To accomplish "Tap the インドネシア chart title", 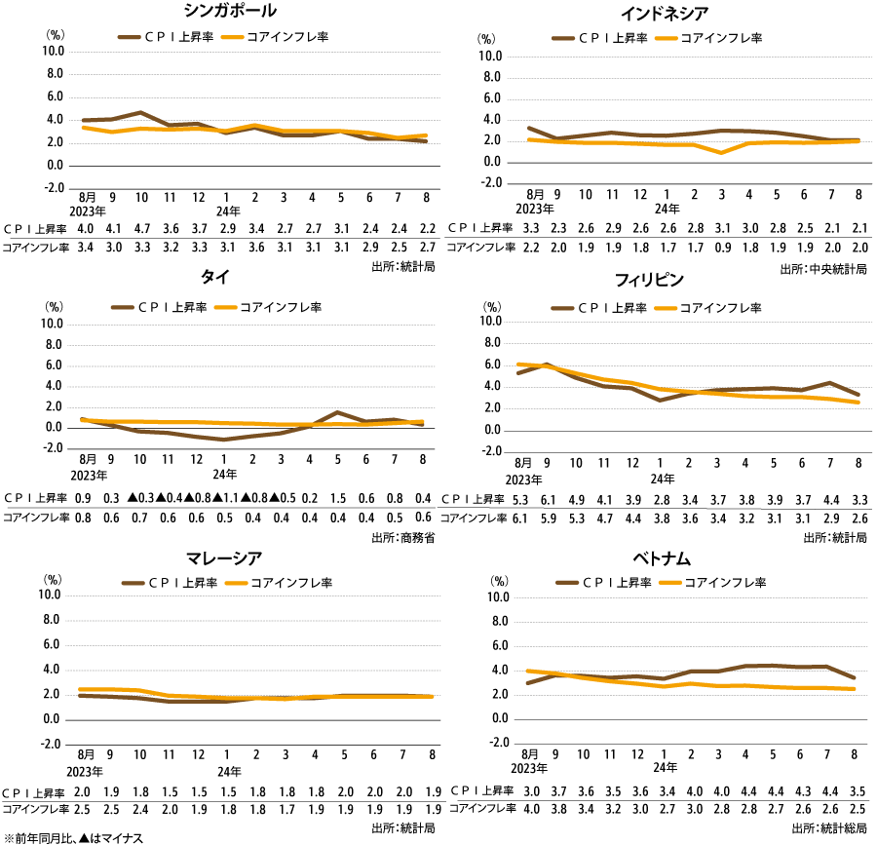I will point(664,14).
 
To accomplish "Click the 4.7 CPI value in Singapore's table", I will point(140,229).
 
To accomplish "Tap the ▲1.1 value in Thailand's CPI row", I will point(225,498).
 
